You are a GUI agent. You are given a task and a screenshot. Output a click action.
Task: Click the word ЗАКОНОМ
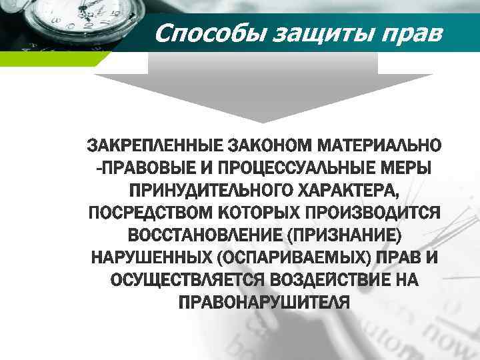(x=275, y=145)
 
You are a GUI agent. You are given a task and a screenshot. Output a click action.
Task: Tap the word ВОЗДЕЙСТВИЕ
(x=327, y=281)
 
